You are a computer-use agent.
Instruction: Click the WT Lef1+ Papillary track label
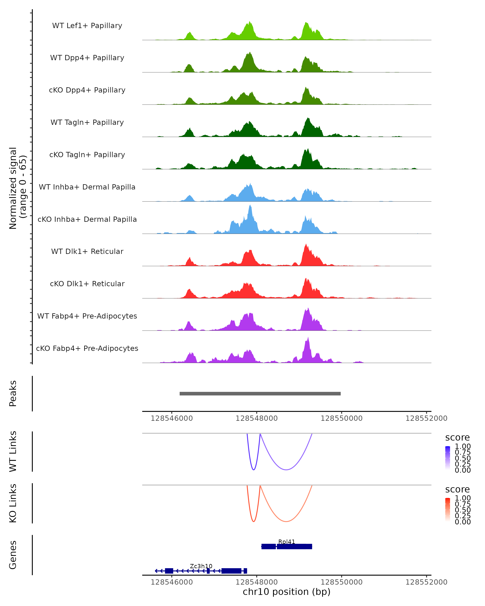87,26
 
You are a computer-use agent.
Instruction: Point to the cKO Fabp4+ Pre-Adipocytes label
87,348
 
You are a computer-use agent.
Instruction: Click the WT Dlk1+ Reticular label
87,251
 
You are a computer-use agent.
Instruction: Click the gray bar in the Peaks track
260,393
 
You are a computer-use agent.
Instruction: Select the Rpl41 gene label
287,542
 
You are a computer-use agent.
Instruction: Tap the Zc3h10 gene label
201,566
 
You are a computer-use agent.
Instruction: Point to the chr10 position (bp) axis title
287,592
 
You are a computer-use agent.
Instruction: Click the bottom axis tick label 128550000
341,582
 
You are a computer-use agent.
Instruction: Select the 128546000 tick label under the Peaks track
172,418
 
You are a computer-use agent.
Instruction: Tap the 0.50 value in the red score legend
463,510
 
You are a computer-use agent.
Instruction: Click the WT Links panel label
13,451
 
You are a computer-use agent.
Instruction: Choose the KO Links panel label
13,503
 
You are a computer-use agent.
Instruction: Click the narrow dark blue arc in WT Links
254,470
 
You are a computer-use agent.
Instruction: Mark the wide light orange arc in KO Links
286,521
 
